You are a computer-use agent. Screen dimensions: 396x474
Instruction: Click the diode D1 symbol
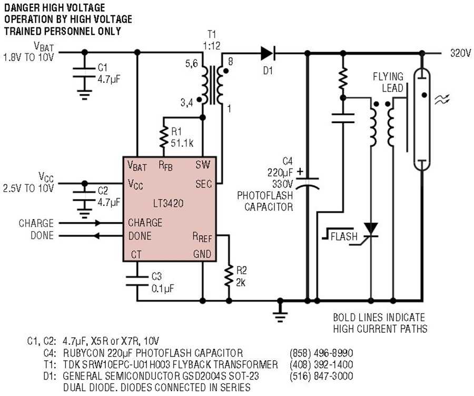pos(268,53)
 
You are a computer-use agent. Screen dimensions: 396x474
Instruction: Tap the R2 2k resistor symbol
pos(229,275)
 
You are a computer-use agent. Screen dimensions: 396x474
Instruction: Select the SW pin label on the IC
pos(203,165)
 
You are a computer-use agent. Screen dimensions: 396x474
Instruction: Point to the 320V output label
pos(459,53)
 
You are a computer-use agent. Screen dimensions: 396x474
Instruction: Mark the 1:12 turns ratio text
pos(211,46)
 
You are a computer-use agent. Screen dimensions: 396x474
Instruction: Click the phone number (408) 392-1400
pos(321,364)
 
